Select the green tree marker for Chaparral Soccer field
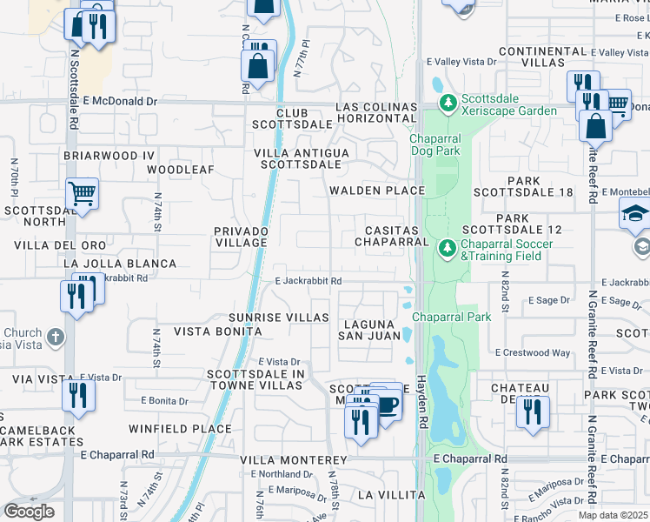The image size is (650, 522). pos(448,249)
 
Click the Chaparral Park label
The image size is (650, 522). pos(452,317)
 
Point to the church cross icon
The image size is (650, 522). pos(55,336)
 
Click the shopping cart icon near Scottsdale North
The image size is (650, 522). pos(82,194)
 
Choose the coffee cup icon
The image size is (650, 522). pos(388,404)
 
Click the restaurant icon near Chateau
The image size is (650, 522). pos(533,411)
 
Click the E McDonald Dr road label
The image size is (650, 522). pos(120,102)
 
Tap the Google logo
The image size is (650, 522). pos(29,512)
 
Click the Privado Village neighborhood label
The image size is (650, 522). pos(242,237)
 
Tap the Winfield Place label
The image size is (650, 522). pos(181,429)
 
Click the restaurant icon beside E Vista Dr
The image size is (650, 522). pos(80,397)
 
